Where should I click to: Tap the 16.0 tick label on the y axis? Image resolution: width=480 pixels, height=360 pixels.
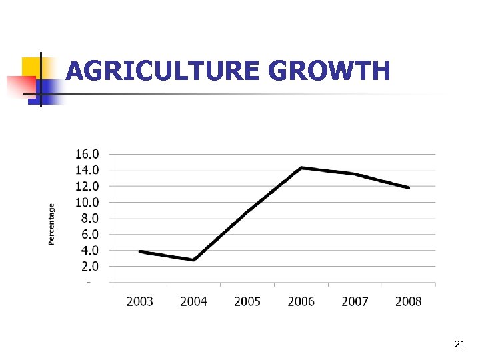87,154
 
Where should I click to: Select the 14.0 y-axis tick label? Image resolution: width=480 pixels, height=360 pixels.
87,170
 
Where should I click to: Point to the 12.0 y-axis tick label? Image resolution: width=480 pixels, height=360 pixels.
87,186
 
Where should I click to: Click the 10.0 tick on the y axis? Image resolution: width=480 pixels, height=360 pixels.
87,202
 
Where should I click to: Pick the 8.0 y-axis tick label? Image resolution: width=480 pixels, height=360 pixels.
89,218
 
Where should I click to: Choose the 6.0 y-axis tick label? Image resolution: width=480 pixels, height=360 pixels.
89,234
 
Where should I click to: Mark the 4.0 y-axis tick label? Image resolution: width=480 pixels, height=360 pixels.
89,251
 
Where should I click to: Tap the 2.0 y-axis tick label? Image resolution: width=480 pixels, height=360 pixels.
89,266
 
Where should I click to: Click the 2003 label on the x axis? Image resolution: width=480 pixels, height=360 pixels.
139,301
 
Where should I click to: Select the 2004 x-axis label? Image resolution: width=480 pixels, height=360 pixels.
193,301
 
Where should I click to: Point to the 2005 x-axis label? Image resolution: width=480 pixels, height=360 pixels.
247,301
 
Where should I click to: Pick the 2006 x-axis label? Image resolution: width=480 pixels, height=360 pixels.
301,301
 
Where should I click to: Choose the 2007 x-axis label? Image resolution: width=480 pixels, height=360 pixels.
355,301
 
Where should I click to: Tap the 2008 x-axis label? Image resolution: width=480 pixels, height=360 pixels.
409,301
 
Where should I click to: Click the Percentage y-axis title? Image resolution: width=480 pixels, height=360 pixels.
52,224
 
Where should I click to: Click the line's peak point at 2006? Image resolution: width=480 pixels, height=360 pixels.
301,168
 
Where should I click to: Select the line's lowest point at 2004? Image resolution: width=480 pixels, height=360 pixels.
193,260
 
